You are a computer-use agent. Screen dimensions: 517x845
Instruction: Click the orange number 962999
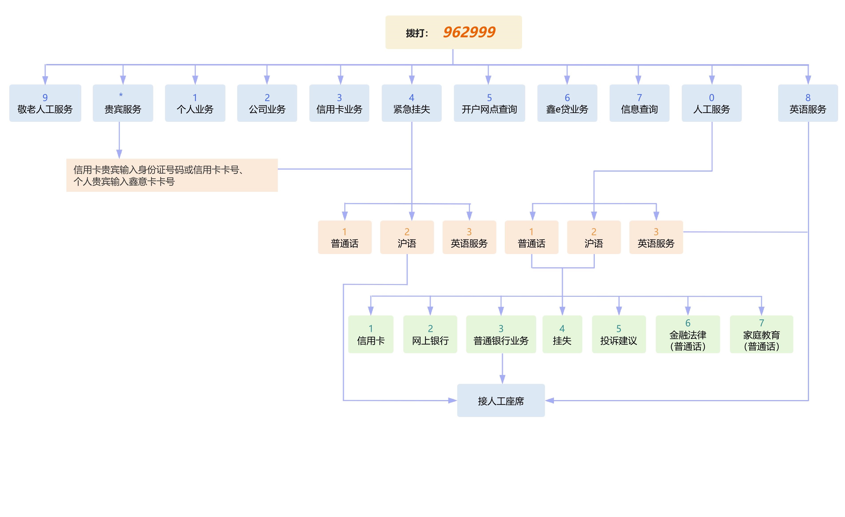pos(469,32)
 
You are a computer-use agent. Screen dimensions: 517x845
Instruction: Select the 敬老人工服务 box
pos(45,103)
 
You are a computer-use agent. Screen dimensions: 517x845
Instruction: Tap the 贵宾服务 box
pos(123,103)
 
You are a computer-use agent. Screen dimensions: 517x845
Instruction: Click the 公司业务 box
pos(267,103)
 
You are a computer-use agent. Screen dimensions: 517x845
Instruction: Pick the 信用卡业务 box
pos(339,103)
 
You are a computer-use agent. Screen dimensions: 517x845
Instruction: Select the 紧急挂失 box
pos(412,103)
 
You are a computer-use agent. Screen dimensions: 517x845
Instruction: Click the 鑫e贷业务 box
pos(567,103)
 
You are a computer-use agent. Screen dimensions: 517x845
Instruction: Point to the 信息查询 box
pos(639,103)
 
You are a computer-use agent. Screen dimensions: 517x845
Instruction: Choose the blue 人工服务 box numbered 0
pos(712,103)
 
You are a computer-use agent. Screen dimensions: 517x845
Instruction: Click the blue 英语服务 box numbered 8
pos(808,103)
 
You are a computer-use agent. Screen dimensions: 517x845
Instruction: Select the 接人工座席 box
pos(501,401)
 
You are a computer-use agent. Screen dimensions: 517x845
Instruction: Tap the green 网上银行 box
pos(430,334)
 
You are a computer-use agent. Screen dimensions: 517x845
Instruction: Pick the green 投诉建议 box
pos(619,334)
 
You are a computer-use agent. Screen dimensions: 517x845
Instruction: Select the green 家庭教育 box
pos(761,334)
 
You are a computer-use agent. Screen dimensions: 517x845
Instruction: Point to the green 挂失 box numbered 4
pos(562,334)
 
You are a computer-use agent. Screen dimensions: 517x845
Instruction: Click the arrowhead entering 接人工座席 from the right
pos(550,401)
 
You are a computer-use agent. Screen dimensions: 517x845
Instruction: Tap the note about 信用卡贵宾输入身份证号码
pos(172,175)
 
